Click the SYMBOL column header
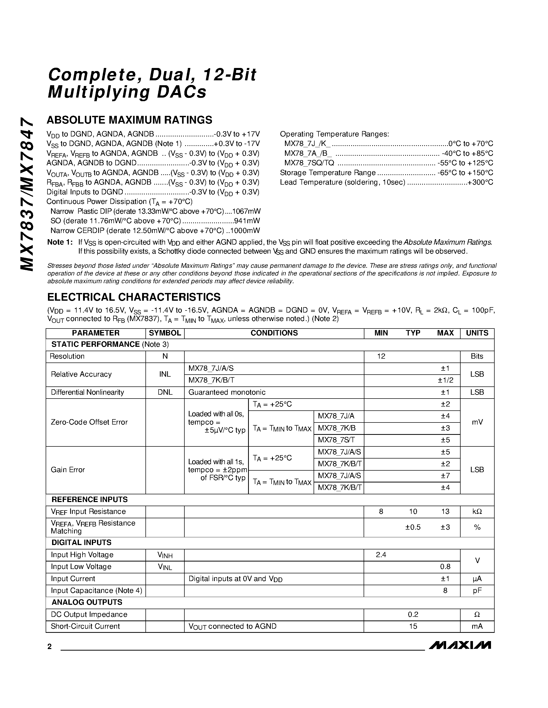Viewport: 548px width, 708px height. tap(165, 333)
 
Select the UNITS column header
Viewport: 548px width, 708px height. tap(477, 333)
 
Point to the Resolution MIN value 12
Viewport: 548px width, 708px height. tap(381, 356)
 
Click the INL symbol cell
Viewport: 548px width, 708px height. tap(165, 374)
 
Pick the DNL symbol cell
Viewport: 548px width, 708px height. tap(165, 392)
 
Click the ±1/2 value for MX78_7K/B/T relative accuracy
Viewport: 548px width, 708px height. tap(445, 380)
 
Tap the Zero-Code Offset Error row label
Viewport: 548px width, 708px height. tap(89, 422)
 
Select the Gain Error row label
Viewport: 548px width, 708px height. tap(68, 470)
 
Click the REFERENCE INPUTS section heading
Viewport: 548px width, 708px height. tap(89, 499)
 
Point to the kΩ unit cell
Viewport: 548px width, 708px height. tap(477, 512)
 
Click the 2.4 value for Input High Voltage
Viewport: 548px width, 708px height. tap(381, 555)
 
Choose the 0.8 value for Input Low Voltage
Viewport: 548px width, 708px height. tap(445, 567)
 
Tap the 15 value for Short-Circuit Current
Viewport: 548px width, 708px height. tap(413, 626)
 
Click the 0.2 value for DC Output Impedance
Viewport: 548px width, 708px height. tap(413, 614)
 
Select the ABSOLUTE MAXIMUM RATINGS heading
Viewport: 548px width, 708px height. tap(129, 120)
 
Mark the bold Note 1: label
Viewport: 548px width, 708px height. tap(60, 243)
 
